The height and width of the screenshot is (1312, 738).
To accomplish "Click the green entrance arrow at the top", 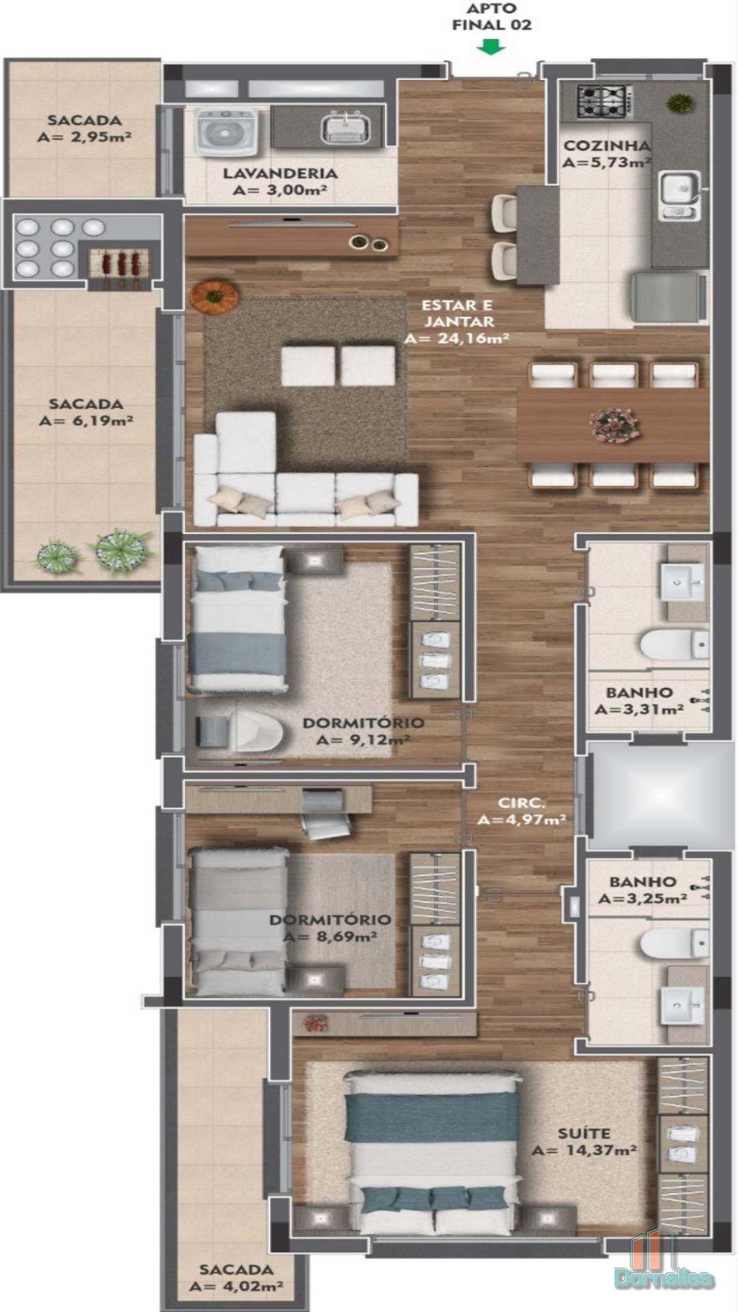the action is [x=491, y=47].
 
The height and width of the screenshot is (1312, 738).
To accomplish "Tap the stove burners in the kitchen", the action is [x=602, y=100].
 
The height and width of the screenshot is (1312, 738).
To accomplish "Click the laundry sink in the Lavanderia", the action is [x=345, y=128].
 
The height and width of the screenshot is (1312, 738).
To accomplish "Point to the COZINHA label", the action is [x=606, y=146].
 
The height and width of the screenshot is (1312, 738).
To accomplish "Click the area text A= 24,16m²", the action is [x=457, y=338].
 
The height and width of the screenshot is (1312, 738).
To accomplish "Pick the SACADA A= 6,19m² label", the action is [x=85, y=413].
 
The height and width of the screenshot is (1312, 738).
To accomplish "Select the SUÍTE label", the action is [x=584, y=1134].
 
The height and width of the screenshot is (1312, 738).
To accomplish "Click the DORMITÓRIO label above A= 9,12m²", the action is [x=364, y=723].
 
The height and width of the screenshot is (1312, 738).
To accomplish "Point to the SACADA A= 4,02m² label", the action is [x=236, y=1278].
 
